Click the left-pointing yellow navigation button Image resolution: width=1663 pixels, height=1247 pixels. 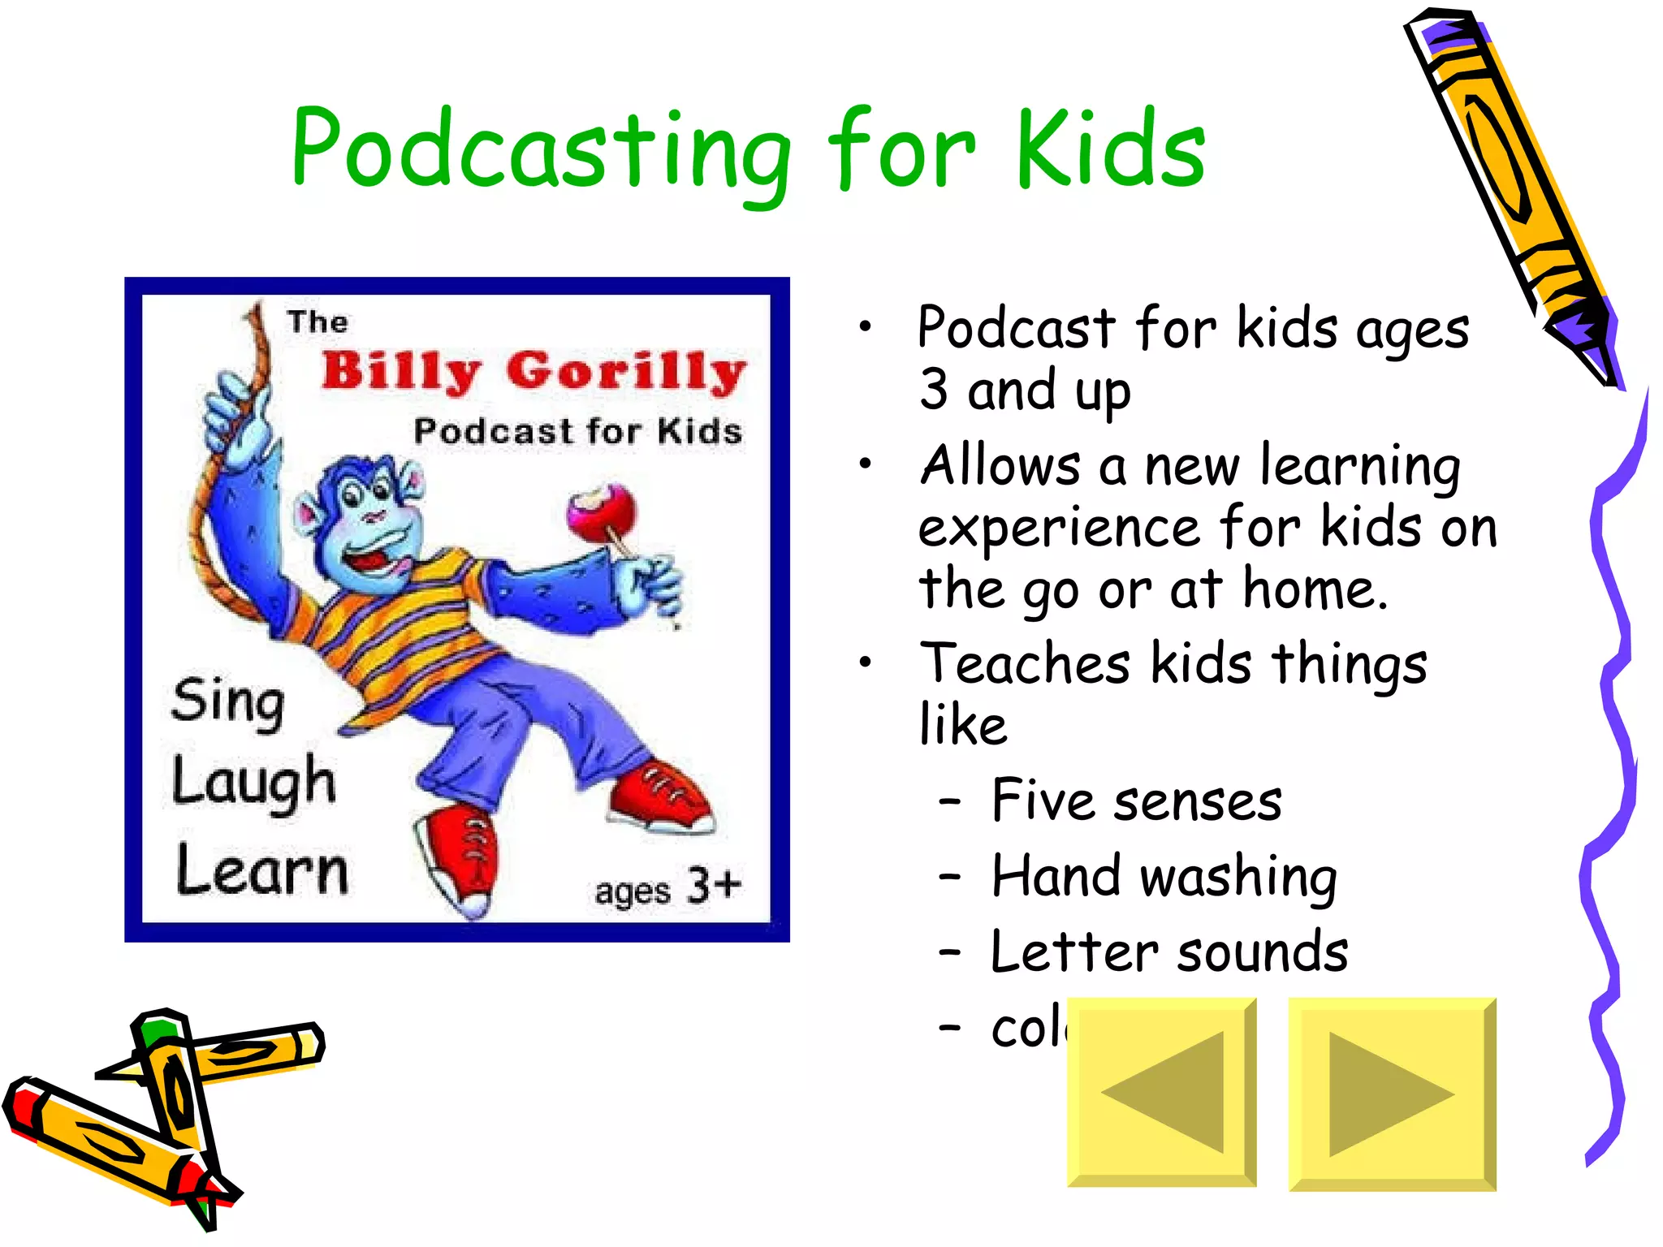tap(1161, 1093)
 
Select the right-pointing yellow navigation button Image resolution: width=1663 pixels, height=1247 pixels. tap(1392, 1094)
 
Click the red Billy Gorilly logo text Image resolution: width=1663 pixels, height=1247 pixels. tap(533, 372)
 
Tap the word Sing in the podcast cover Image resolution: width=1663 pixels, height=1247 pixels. tap(228, 703)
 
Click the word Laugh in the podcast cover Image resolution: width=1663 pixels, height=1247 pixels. tap(253, 783)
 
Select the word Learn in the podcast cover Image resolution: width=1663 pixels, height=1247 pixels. tap(262, 871)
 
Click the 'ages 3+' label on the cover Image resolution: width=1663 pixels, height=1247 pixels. tap(667, 887)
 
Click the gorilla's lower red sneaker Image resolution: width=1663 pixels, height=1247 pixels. tap(460, 861)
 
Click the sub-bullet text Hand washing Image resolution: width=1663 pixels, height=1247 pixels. tap(1163, 877)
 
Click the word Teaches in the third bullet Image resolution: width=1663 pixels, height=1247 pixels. tap(1024, 663)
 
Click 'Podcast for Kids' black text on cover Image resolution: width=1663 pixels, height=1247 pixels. tap(577, 431)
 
